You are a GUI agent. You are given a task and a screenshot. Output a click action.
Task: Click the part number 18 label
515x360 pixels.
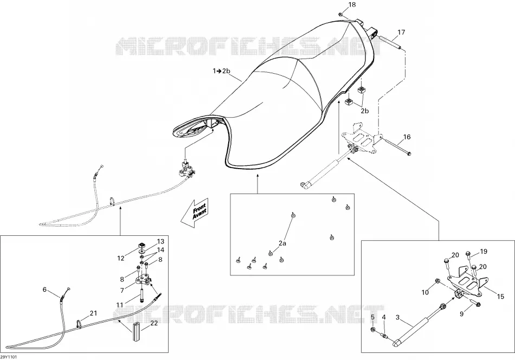coord(352,4)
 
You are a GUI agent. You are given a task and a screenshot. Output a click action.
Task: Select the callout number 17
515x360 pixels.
coord(401,32)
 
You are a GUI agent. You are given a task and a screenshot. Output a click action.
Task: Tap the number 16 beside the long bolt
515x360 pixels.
coord(407,137)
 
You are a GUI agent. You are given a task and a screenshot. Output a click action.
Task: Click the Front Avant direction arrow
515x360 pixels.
coord(195,213)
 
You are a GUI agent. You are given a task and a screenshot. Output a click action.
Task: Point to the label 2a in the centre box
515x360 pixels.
coord(282,243)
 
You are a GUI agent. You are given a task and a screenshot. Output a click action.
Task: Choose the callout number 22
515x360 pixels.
coord(154,323)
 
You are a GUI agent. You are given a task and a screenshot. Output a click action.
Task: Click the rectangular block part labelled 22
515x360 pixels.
coord(136,332)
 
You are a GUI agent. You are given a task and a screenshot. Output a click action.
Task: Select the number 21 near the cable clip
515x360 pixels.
coord(94,313)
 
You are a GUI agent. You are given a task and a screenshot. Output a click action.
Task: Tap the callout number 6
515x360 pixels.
coord(44,290)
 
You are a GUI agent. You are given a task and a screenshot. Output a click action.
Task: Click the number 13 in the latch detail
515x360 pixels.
coord(160,242)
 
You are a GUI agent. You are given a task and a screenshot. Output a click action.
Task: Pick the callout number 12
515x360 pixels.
coord(121,259)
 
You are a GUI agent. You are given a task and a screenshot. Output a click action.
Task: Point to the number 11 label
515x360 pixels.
coord(120,305)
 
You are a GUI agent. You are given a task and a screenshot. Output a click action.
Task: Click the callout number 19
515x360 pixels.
coord(484,252)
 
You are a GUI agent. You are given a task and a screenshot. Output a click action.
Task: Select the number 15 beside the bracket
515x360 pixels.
coord(500,297)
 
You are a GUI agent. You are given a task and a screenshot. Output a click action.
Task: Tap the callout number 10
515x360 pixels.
coord(426,292)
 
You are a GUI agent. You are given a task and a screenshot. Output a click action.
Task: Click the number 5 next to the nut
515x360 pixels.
coord(373,317)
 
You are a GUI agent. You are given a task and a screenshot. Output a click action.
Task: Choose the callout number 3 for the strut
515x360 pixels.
coord(398,317)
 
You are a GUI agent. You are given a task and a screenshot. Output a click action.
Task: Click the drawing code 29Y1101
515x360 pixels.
coord(8,357)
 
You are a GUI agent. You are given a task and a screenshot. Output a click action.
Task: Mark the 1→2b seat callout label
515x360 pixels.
coord(221,70)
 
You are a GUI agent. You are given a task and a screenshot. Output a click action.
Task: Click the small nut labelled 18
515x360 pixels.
coord(341,15)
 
